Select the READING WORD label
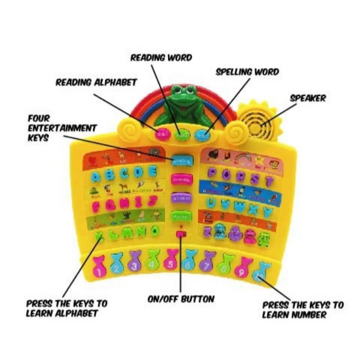click(161, 58)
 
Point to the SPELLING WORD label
click(247, 72)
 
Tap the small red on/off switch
click(181, 234)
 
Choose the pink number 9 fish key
click(242, 270)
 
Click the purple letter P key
click(213, 173)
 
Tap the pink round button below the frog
click(162, 134)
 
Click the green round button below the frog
click(181, 135)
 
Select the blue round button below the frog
click(201, 134)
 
